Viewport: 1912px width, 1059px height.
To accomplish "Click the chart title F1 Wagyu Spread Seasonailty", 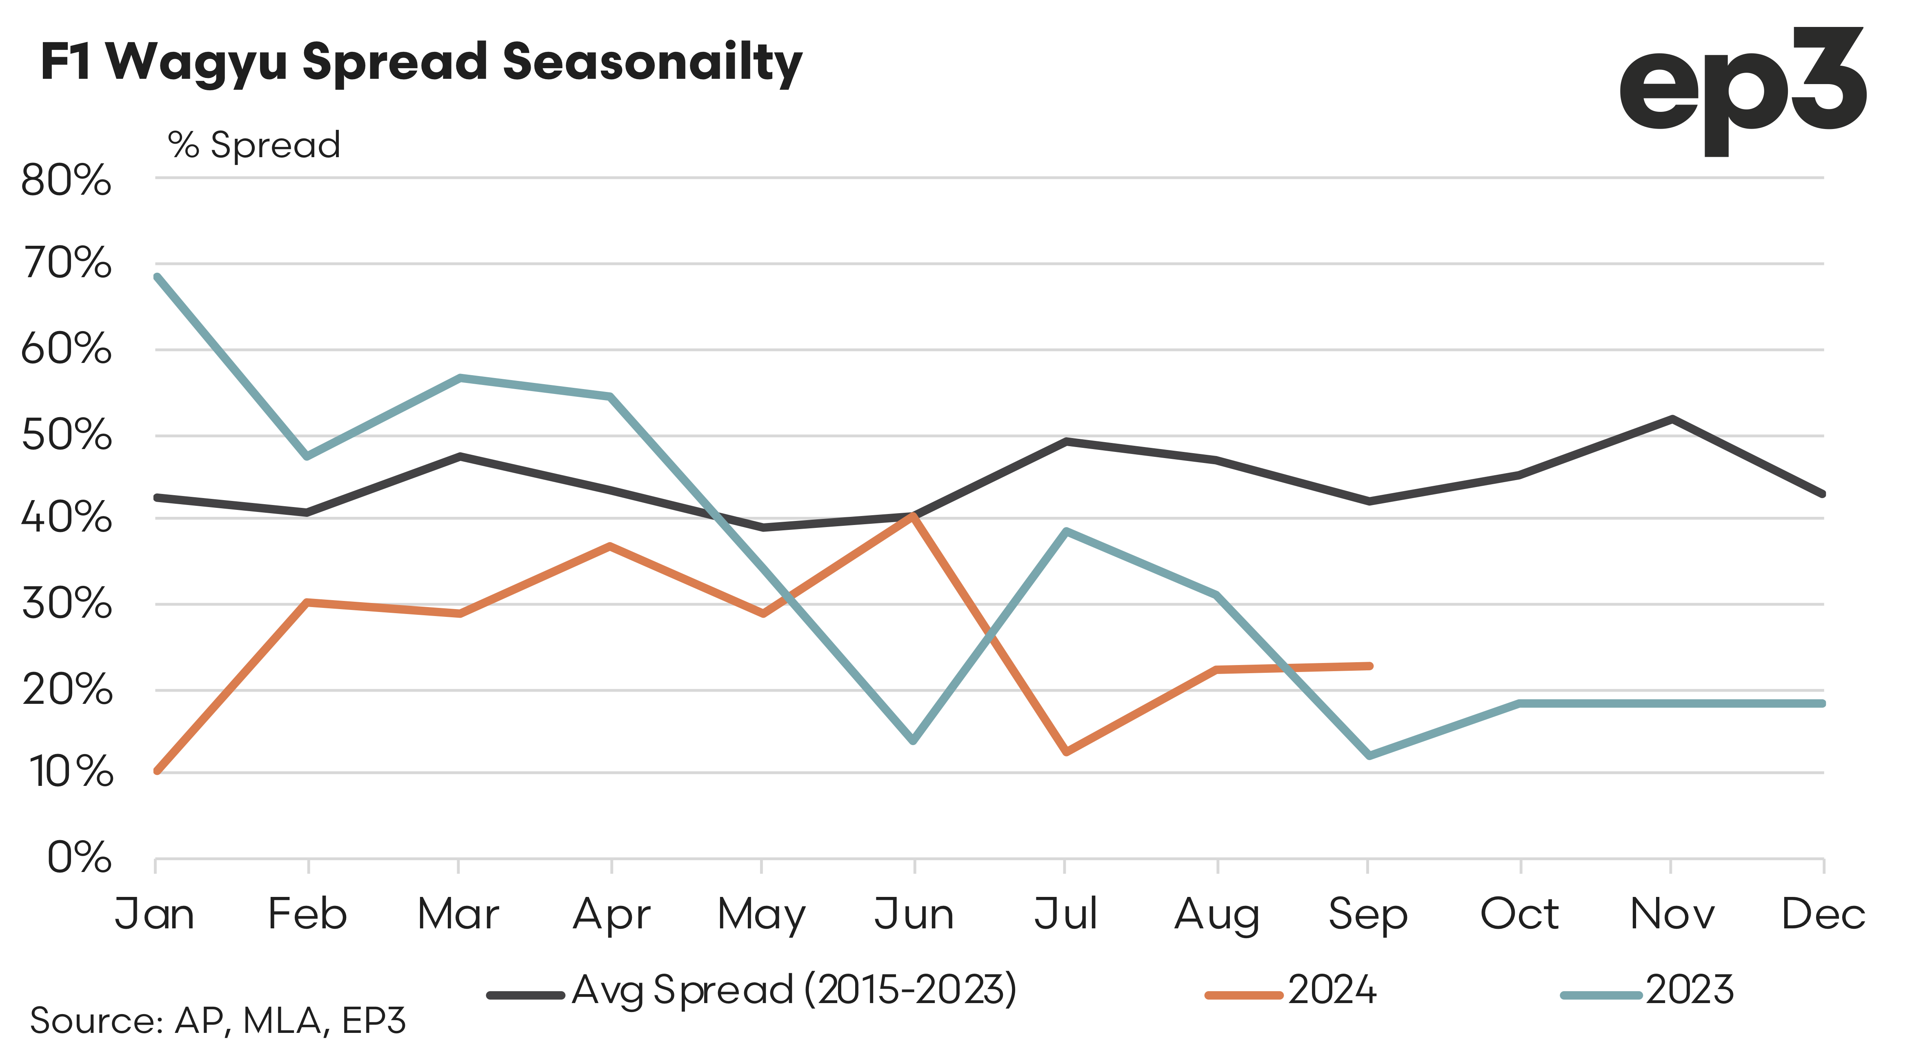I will point(421,62).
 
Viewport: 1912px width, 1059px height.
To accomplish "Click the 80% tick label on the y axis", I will point(66,180).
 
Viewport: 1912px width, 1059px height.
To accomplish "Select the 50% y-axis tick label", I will point(66,436).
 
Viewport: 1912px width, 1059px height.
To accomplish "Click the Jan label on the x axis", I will point(154,914).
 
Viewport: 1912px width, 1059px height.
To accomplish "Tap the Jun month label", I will point(914,914).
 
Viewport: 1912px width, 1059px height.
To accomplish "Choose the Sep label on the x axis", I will point(1368,914).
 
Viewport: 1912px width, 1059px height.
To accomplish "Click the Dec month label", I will point(1823,914).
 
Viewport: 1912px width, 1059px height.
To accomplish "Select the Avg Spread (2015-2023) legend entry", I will point(751,991).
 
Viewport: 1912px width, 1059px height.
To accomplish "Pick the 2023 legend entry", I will point(1648,991).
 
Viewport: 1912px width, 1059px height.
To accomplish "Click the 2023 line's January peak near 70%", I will point(157,277).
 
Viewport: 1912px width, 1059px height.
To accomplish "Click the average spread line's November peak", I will point(1672,418).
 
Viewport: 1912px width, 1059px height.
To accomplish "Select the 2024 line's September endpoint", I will point(1370,666).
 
